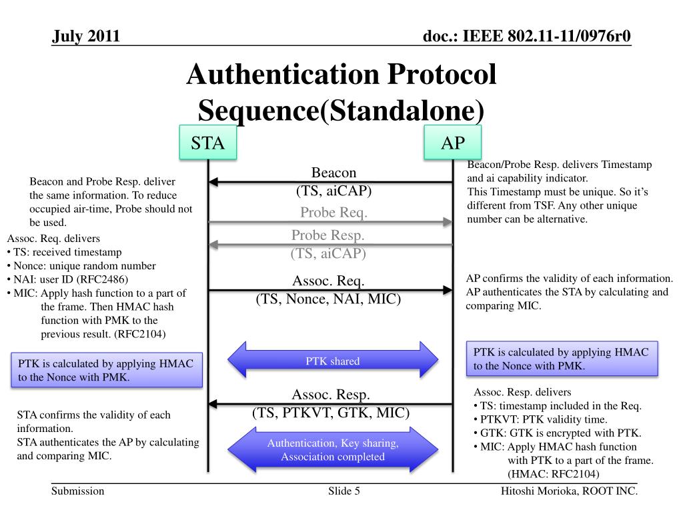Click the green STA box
click(x=208, y=143)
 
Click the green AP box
click(x=453, y=143)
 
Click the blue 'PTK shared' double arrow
click(x=332, y=361)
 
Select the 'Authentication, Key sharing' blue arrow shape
click(x=332, y=450)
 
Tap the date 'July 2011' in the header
click(x=86, y=36)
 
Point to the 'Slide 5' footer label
click(x=344, y=492)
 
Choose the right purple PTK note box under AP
click(x=566, y=359)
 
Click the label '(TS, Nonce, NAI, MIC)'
click(x=328, y=299)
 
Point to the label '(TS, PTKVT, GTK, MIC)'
click(x=330, y=413)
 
